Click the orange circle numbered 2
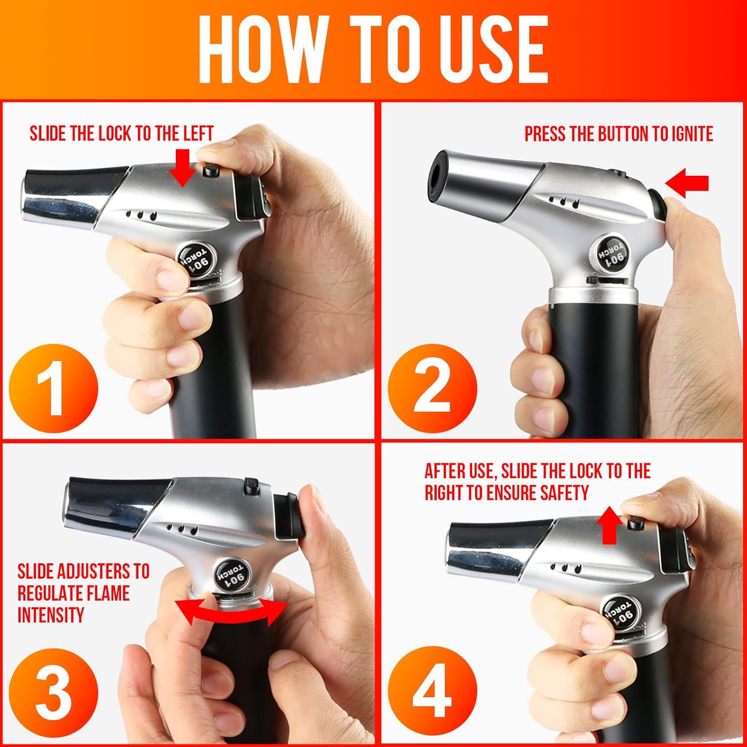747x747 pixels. [x=432, y=388]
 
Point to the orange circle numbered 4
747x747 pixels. [x=432, y=693]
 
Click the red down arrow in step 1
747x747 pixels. [x=182, y=168]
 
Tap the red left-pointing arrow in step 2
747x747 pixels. [x=687, y=183]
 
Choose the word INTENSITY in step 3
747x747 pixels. [x=51, y=615]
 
